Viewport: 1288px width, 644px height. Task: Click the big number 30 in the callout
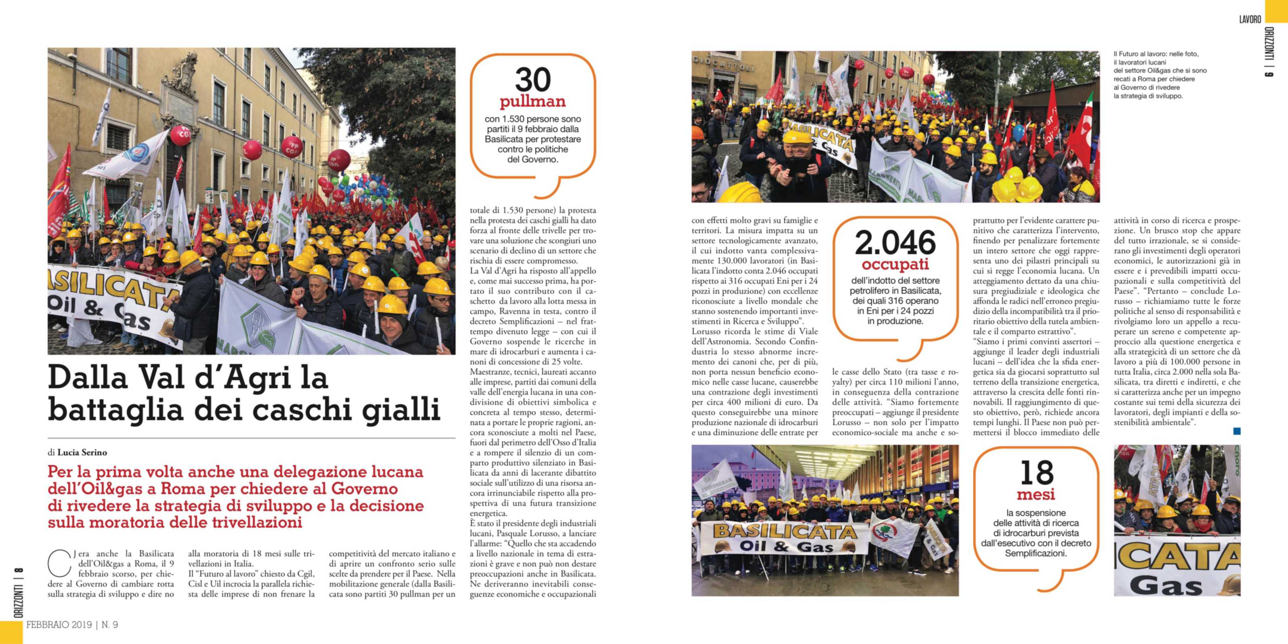(532, 80)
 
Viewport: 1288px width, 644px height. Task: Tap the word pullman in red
(532, 101)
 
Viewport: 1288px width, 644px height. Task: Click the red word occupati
(895, 264)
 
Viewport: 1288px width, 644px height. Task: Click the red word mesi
(1036, 495)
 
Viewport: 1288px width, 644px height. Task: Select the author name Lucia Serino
(82, 452)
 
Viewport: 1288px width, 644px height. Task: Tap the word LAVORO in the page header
(1250, 19)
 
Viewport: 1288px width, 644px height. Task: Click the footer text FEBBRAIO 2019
(59, 625)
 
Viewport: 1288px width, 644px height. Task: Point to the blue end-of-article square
(1237, 431)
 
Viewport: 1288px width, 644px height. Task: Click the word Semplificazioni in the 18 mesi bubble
(1036, 554)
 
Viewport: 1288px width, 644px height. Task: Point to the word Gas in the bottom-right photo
(1167, 585)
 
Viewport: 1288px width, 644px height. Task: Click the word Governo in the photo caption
(1135, 88)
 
